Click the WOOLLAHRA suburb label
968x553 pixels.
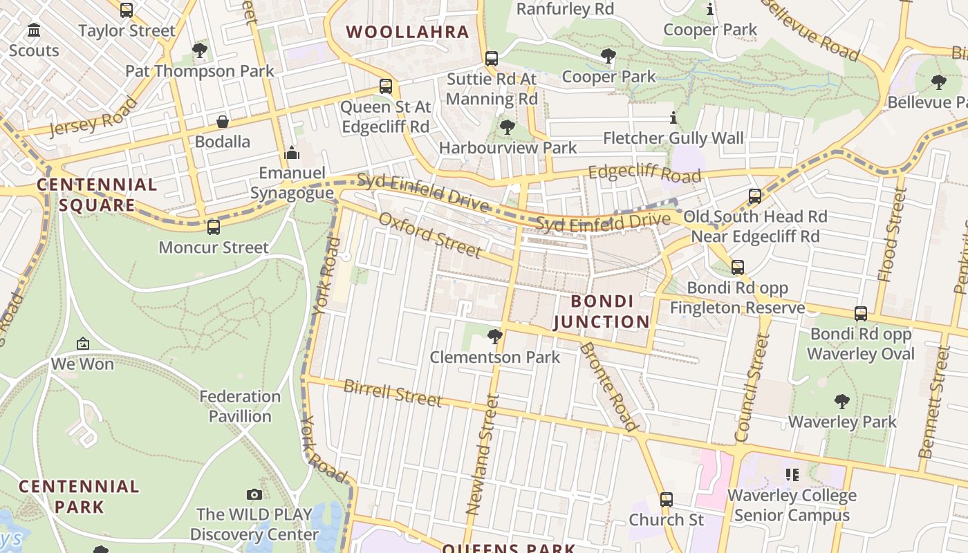[407, 32]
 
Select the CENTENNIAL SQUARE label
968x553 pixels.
[97, 194]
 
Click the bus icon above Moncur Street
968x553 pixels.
[214, 227]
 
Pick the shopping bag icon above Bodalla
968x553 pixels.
[223, 122]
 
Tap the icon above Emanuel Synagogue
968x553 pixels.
[292, 152]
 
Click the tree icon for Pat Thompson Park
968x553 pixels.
[200, 50]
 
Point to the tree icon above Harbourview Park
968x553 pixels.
[508, 127]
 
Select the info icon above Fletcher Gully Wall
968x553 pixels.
[673, 118]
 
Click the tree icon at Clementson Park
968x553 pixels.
[494, 337]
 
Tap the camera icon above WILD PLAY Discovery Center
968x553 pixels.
[254, 494]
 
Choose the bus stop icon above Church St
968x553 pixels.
[666, 499]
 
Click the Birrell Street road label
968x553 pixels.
[392, 393]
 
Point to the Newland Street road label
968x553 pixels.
[483, 453]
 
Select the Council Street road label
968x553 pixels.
[752, 387]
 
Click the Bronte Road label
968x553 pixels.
[608, 387]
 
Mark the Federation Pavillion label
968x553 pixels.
[240, 406]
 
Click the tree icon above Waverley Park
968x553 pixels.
[841, 401]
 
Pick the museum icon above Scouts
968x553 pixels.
[34, 30]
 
